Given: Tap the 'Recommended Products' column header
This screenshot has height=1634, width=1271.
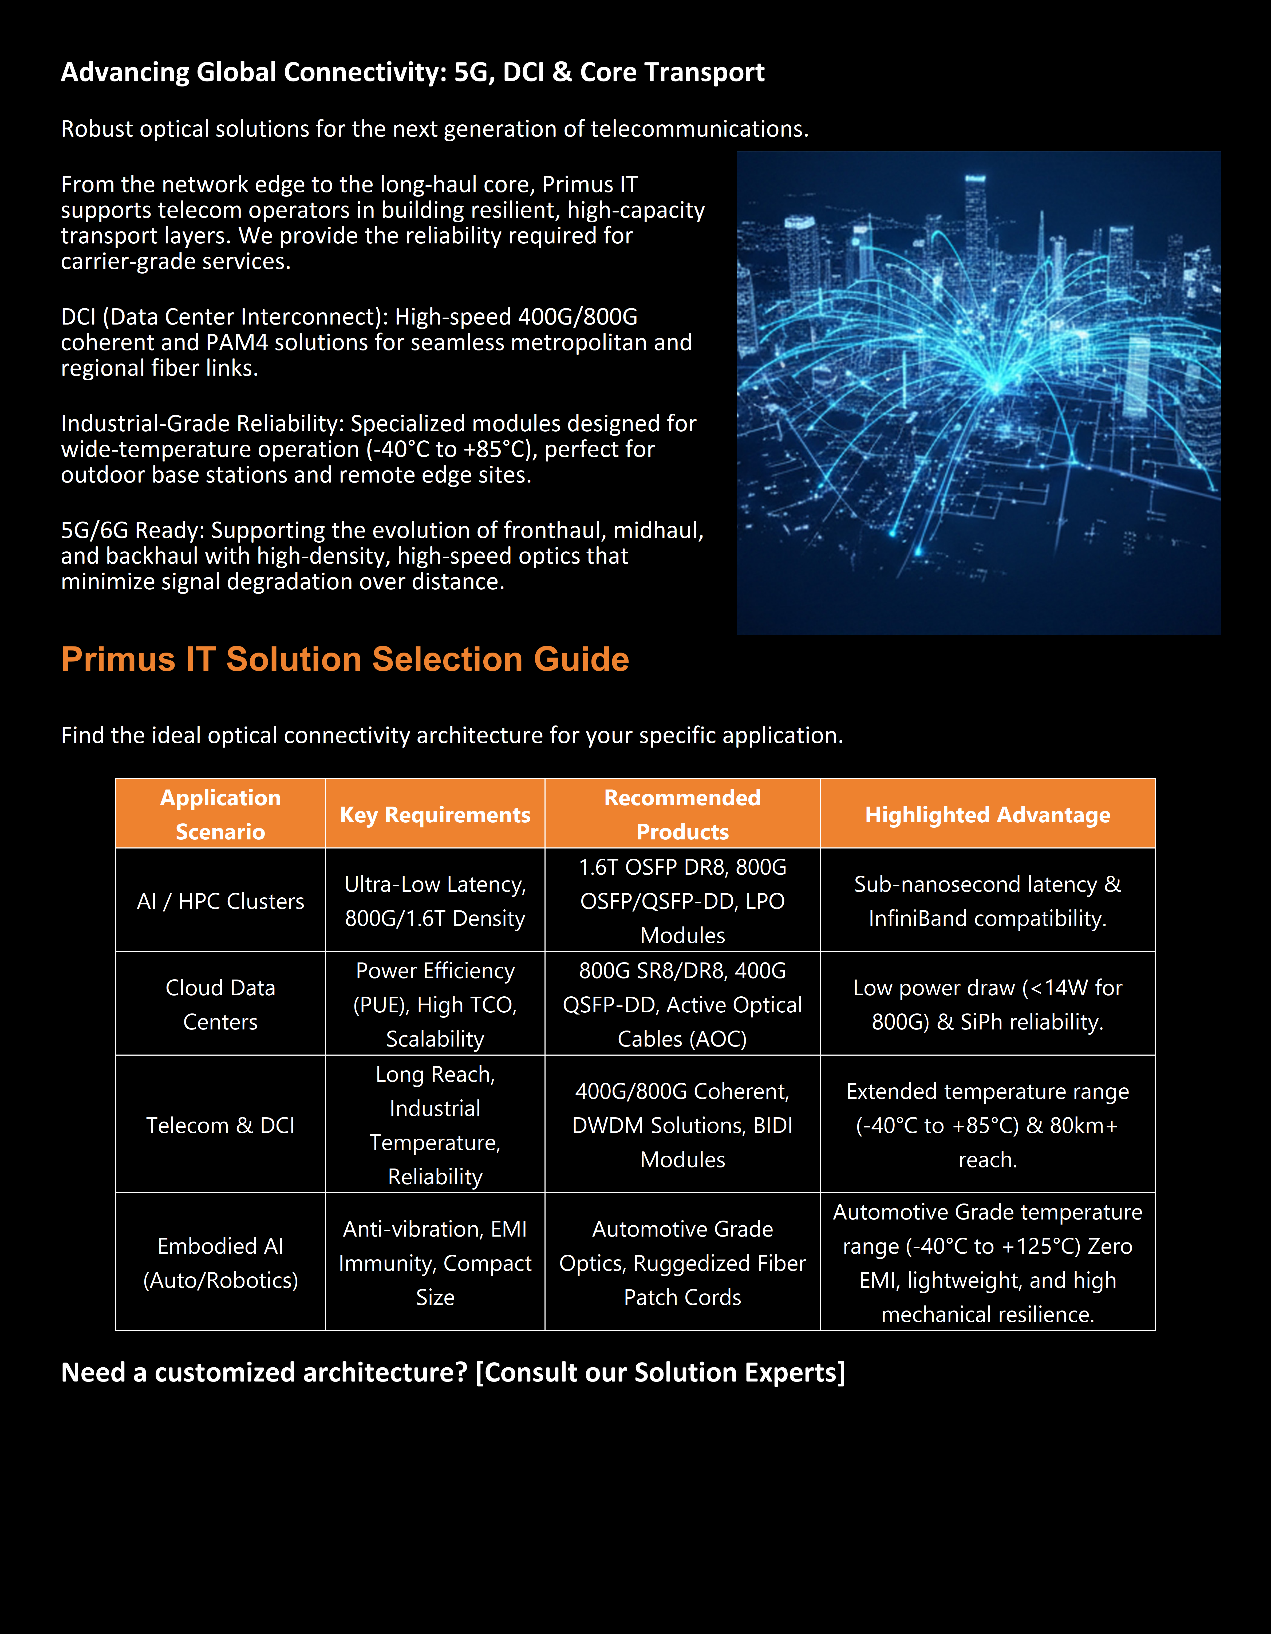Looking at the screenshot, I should click(x=682, y=814).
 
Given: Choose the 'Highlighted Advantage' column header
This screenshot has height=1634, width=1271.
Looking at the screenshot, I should click(x=988, y=814).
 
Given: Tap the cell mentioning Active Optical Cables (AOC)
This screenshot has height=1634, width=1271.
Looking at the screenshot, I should click(x=682, y=1004).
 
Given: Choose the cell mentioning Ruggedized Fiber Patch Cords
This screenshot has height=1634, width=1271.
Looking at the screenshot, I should click(x=682, y=1262).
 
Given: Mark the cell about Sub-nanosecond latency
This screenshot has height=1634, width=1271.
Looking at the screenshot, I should click(x=988, y=901).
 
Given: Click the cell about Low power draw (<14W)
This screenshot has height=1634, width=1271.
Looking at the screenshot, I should click(x=988, y=1004).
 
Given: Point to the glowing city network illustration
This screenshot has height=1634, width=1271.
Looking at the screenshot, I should click(x=978, y=393).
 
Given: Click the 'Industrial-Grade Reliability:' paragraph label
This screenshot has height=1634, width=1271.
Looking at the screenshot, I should click(x=202, y=424).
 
